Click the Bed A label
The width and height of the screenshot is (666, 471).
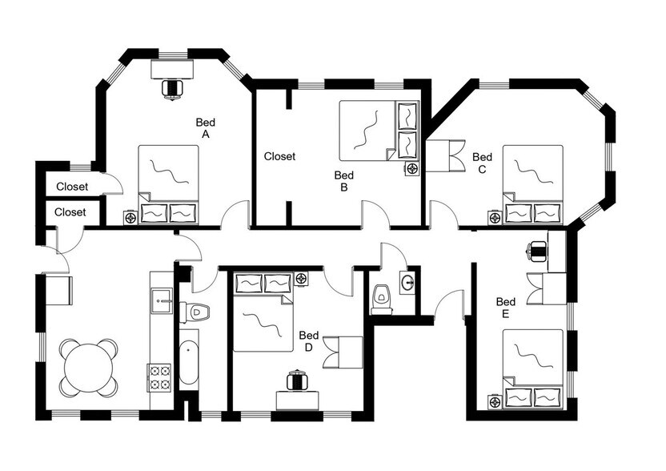coord(206,129)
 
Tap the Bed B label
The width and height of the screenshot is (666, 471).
coord(343,181)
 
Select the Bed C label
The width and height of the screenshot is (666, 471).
coord(482,163)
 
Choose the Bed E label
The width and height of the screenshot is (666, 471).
coord(505,308)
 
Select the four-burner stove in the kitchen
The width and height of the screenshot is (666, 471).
coord(159,376)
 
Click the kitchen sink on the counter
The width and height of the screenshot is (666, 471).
coord(161,299)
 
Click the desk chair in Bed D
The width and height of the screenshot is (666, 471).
coord(297,380)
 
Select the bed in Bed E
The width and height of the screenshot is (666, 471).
coord(532,369)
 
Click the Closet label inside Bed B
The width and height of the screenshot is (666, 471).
coord(279,157)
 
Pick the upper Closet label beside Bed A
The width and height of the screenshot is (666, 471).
coord(71,187)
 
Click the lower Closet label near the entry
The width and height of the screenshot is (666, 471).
coord(70,212)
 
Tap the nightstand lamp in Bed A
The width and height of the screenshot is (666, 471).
coord(130,216)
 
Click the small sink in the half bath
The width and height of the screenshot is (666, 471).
coord(407,282)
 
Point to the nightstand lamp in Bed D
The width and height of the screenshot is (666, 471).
coord(301,279)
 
